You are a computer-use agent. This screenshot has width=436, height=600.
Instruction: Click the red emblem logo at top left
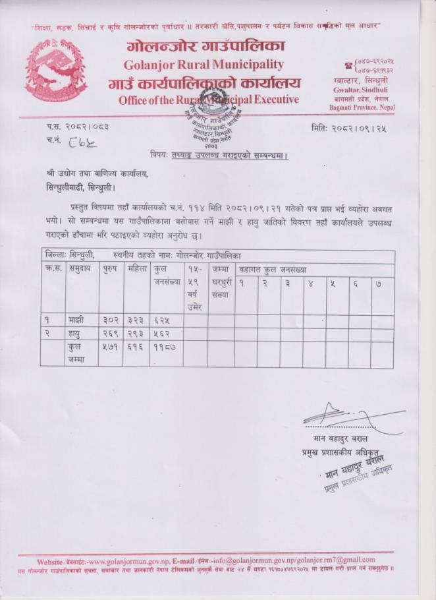(x=56, y=71)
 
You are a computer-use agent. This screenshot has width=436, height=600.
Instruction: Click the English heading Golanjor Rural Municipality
(x=203, y=65)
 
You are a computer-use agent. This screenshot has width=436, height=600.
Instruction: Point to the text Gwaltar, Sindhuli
(x=357, y=87)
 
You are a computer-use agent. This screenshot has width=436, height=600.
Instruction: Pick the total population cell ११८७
(x=165, y=347)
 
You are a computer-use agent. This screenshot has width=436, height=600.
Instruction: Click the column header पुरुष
(x=110, y=269)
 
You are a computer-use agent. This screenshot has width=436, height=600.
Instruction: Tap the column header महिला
(x=136, y=269)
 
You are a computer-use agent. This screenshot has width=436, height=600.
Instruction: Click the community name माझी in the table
(x=76, y=320)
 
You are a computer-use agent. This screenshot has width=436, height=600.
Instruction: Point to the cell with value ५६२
(x=163, y=334)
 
